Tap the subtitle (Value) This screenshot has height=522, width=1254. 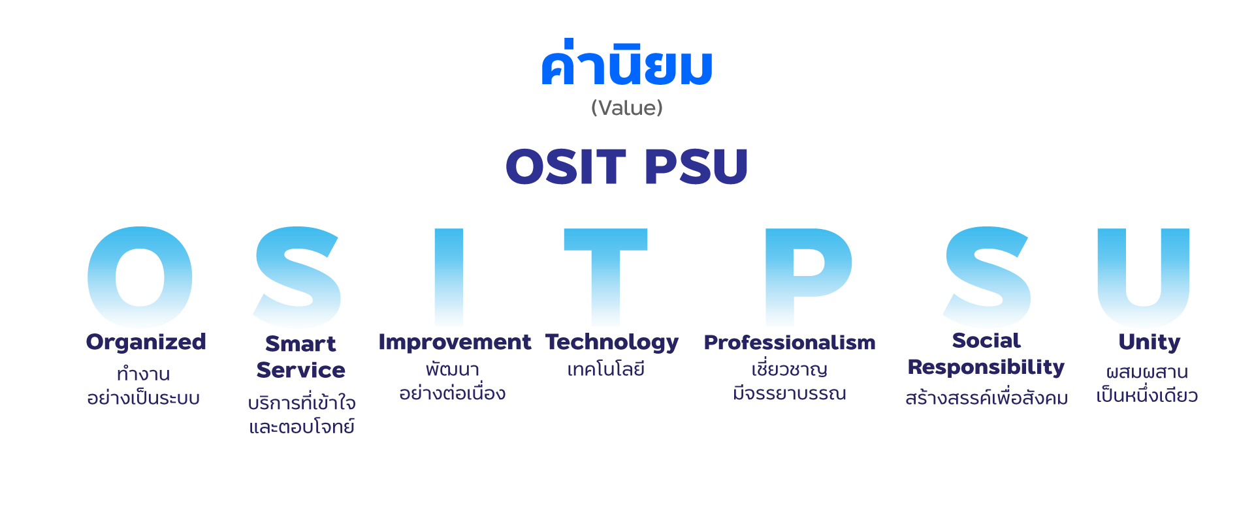[627, 108]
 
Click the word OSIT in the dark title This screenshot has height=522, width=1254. [566, 166]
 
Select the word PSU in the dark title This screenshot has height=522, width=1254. [696, 166]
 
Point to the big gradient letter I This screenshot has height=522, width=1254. [449, 277]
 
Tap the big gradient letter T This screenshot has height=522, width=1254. [605, 277]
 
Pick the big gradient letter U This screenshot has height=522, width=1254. [1111, 277]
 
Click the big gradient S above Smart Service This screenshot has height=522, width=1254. [297, 277]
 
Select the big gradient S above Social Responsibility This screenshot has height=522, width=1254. [988, 277]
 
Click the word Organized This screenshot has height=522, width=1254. [146, 343]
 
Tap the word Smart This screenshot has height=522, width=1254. [300, 344]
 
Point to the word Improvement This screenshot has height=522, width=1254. [455, 343]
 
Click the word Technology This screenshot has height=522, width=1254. [612, 343]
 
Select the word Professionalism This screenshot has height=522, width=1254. [790, 343]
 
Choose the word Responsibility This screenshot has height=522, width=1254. [986, 367]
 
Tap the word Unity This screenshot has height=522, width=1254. [1149, 343]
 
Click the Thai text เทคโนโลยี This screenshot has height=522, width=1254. [605, 369]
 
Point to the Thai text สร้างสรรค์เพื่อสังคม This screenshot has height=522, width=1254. [986, 397]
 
